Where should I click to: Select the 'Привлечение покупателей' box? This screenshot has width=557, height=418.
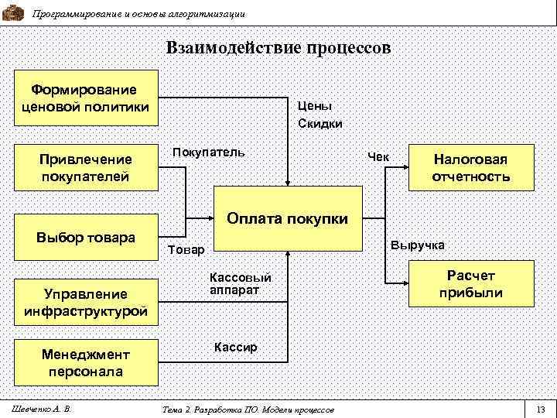(86, 167)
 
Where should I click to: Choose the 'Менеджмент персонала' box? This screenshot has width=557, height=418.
(86, 362)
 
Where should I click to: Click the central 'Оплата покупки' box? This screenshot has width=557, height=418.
(288, 219)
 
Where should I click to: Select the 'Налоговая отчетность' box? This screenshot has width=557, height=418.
(471, 167)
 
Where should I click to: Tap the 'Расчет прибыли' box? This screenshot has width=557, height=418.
(471, 284)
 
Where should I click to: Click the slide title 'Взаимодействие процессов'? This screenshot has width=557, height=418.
(278, 48)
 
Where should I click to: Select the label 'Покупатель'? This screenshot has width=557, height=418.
(209, 151)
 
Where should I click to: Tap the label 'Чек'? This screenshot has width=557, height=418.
(379, 156)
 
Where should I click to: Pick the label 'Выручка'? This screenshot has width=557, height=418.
(418, 245)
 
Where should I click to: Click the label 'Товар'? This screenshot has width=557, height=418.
(186, 250)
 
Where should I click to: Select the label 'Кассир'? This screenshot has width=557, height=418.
(235, 347)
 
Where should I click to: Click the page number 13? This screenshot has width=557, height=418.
(540, 409)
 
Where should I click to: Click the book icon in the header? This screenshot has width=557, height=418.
(13, 12)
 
